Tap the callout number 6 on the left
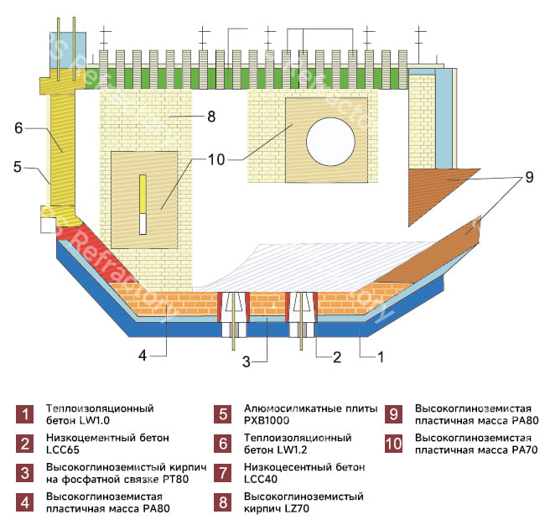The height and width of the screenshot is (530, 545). pyautogui.click(x=18, y=128)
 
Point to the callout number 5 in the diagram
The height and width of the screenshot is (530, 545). pyautogui.click(x=18, y=167)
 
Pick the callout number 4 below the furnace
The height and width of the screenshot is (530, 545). pyautogui.click(x=143, y=356)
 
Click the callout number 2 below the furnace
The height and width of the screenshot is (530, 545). pyautogui.click(x=337, y=357)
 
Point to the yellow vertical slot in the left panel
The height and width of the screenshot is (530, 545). pyautogui.click(x=143, y=193)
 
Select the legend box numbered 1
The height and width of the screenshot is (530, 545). pyautogui.click(x=26, y=413)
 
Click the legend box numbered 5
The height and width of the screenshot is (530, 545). pyautogui.click(x=223, y=413)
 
